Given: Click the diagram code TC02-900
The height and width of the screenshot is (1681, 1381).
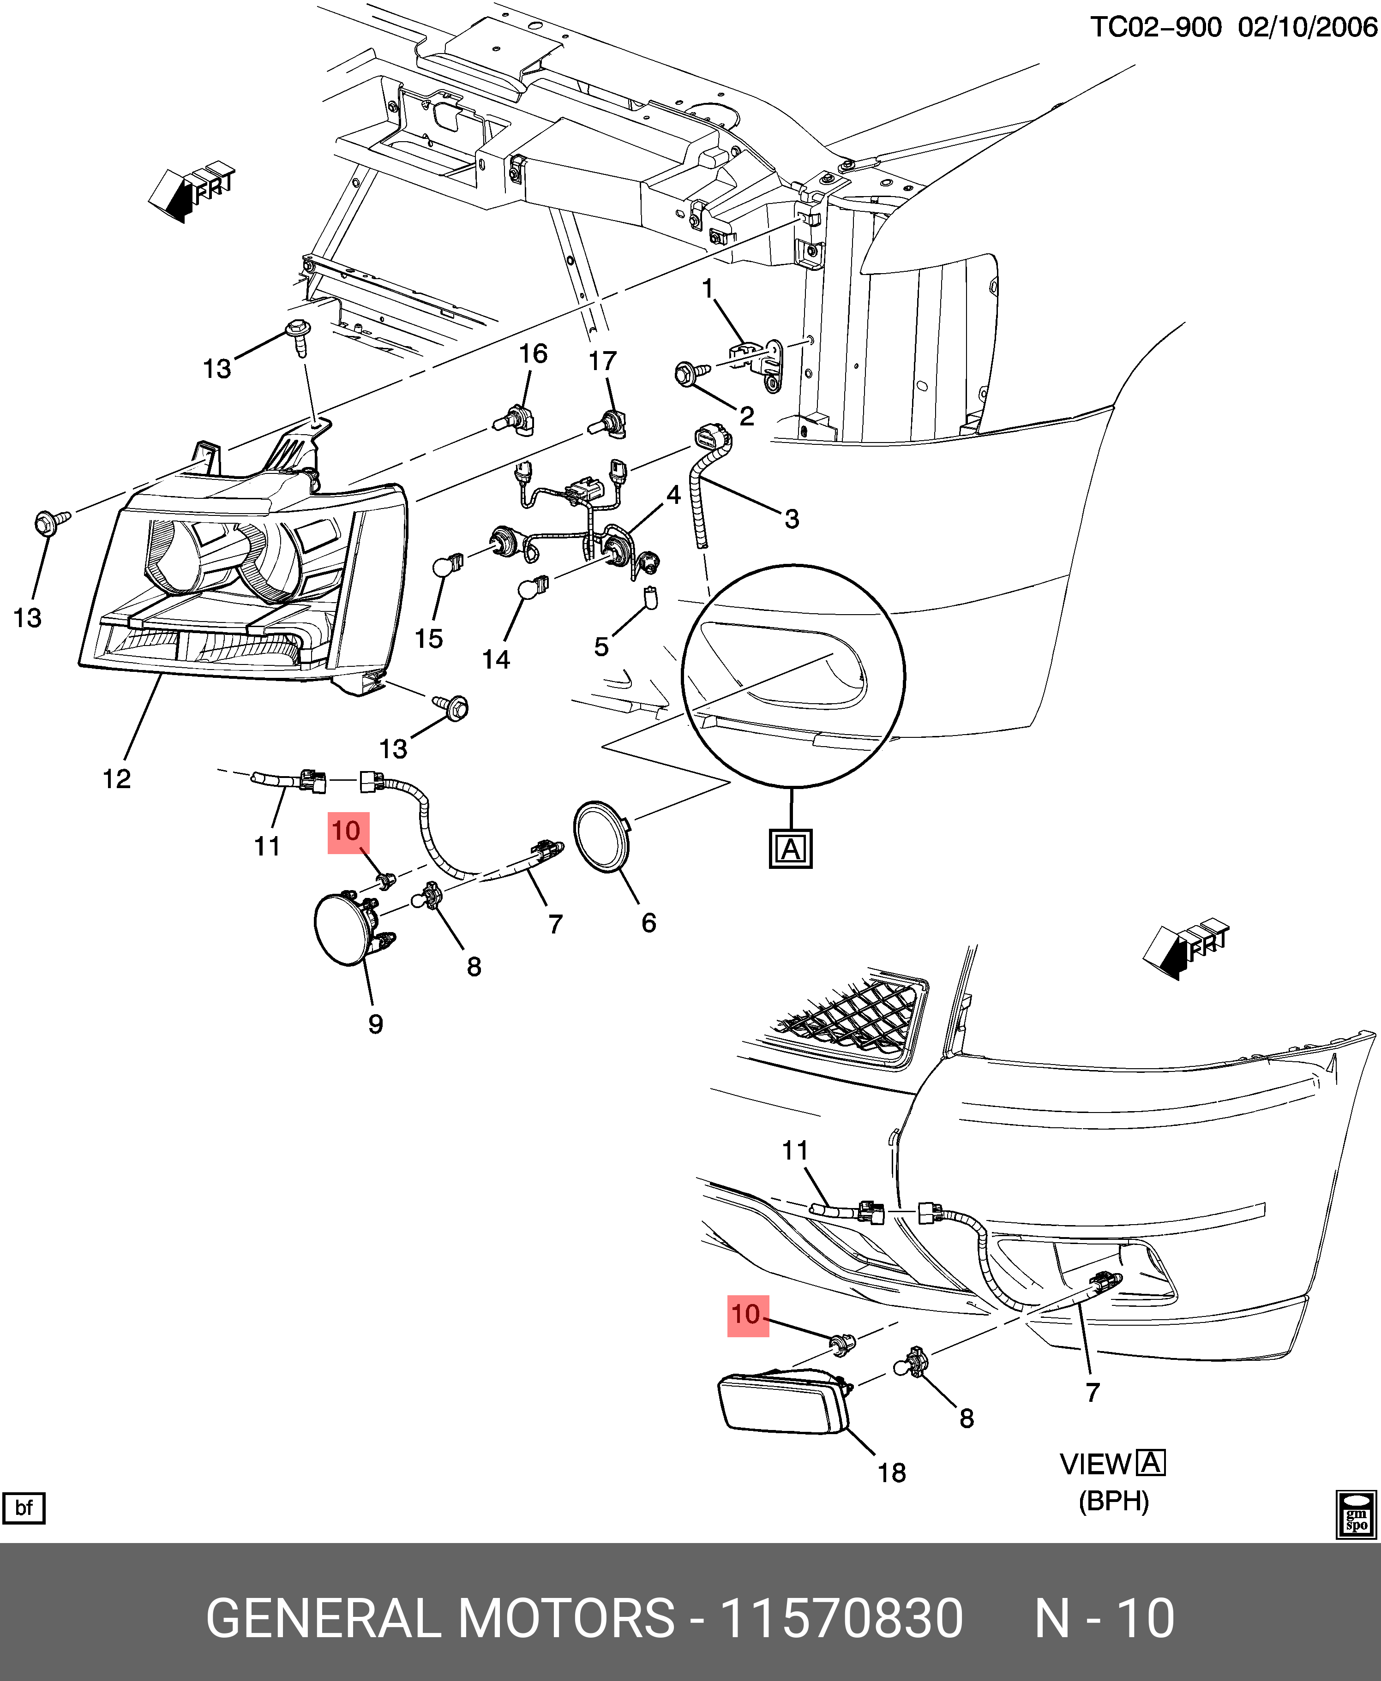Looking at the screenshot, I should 1155,28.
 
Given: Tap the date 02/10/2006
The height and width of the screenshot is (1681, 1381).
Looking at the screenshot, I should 1307,28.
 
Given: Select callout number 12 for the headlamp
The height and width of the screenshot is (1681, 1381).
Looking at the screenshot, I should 116,778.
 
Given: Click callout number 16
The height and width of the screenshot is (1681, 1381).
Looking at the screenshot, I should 533,354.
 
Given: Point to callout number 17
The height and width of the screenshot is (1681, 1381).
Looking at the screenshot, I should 602,361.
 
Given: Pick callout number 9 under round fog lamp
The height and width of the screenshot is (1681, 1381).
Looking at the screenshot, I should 375,1023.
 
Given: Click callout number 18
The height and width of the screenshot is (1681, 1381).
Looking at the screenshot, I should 892,1473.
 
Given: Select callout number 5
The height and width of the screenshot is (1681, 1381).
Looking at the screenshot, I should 601,646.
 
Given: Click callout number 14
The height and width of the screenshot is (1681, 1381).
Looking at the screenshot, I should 496,659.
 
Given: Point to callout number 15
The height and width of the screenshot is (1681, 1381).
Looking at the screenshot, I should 429,639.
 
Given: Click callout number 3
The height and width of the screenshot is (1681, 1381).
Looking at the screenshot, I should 792,519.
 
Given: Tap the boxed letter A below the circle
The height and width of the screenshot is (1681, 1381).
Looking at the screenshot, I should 791,849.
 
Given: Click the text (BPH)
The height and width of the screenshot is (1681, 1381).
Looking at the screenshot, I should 1114,1501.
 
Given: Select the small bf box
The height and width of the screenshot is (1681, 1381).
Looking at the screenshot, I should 24,1508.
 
